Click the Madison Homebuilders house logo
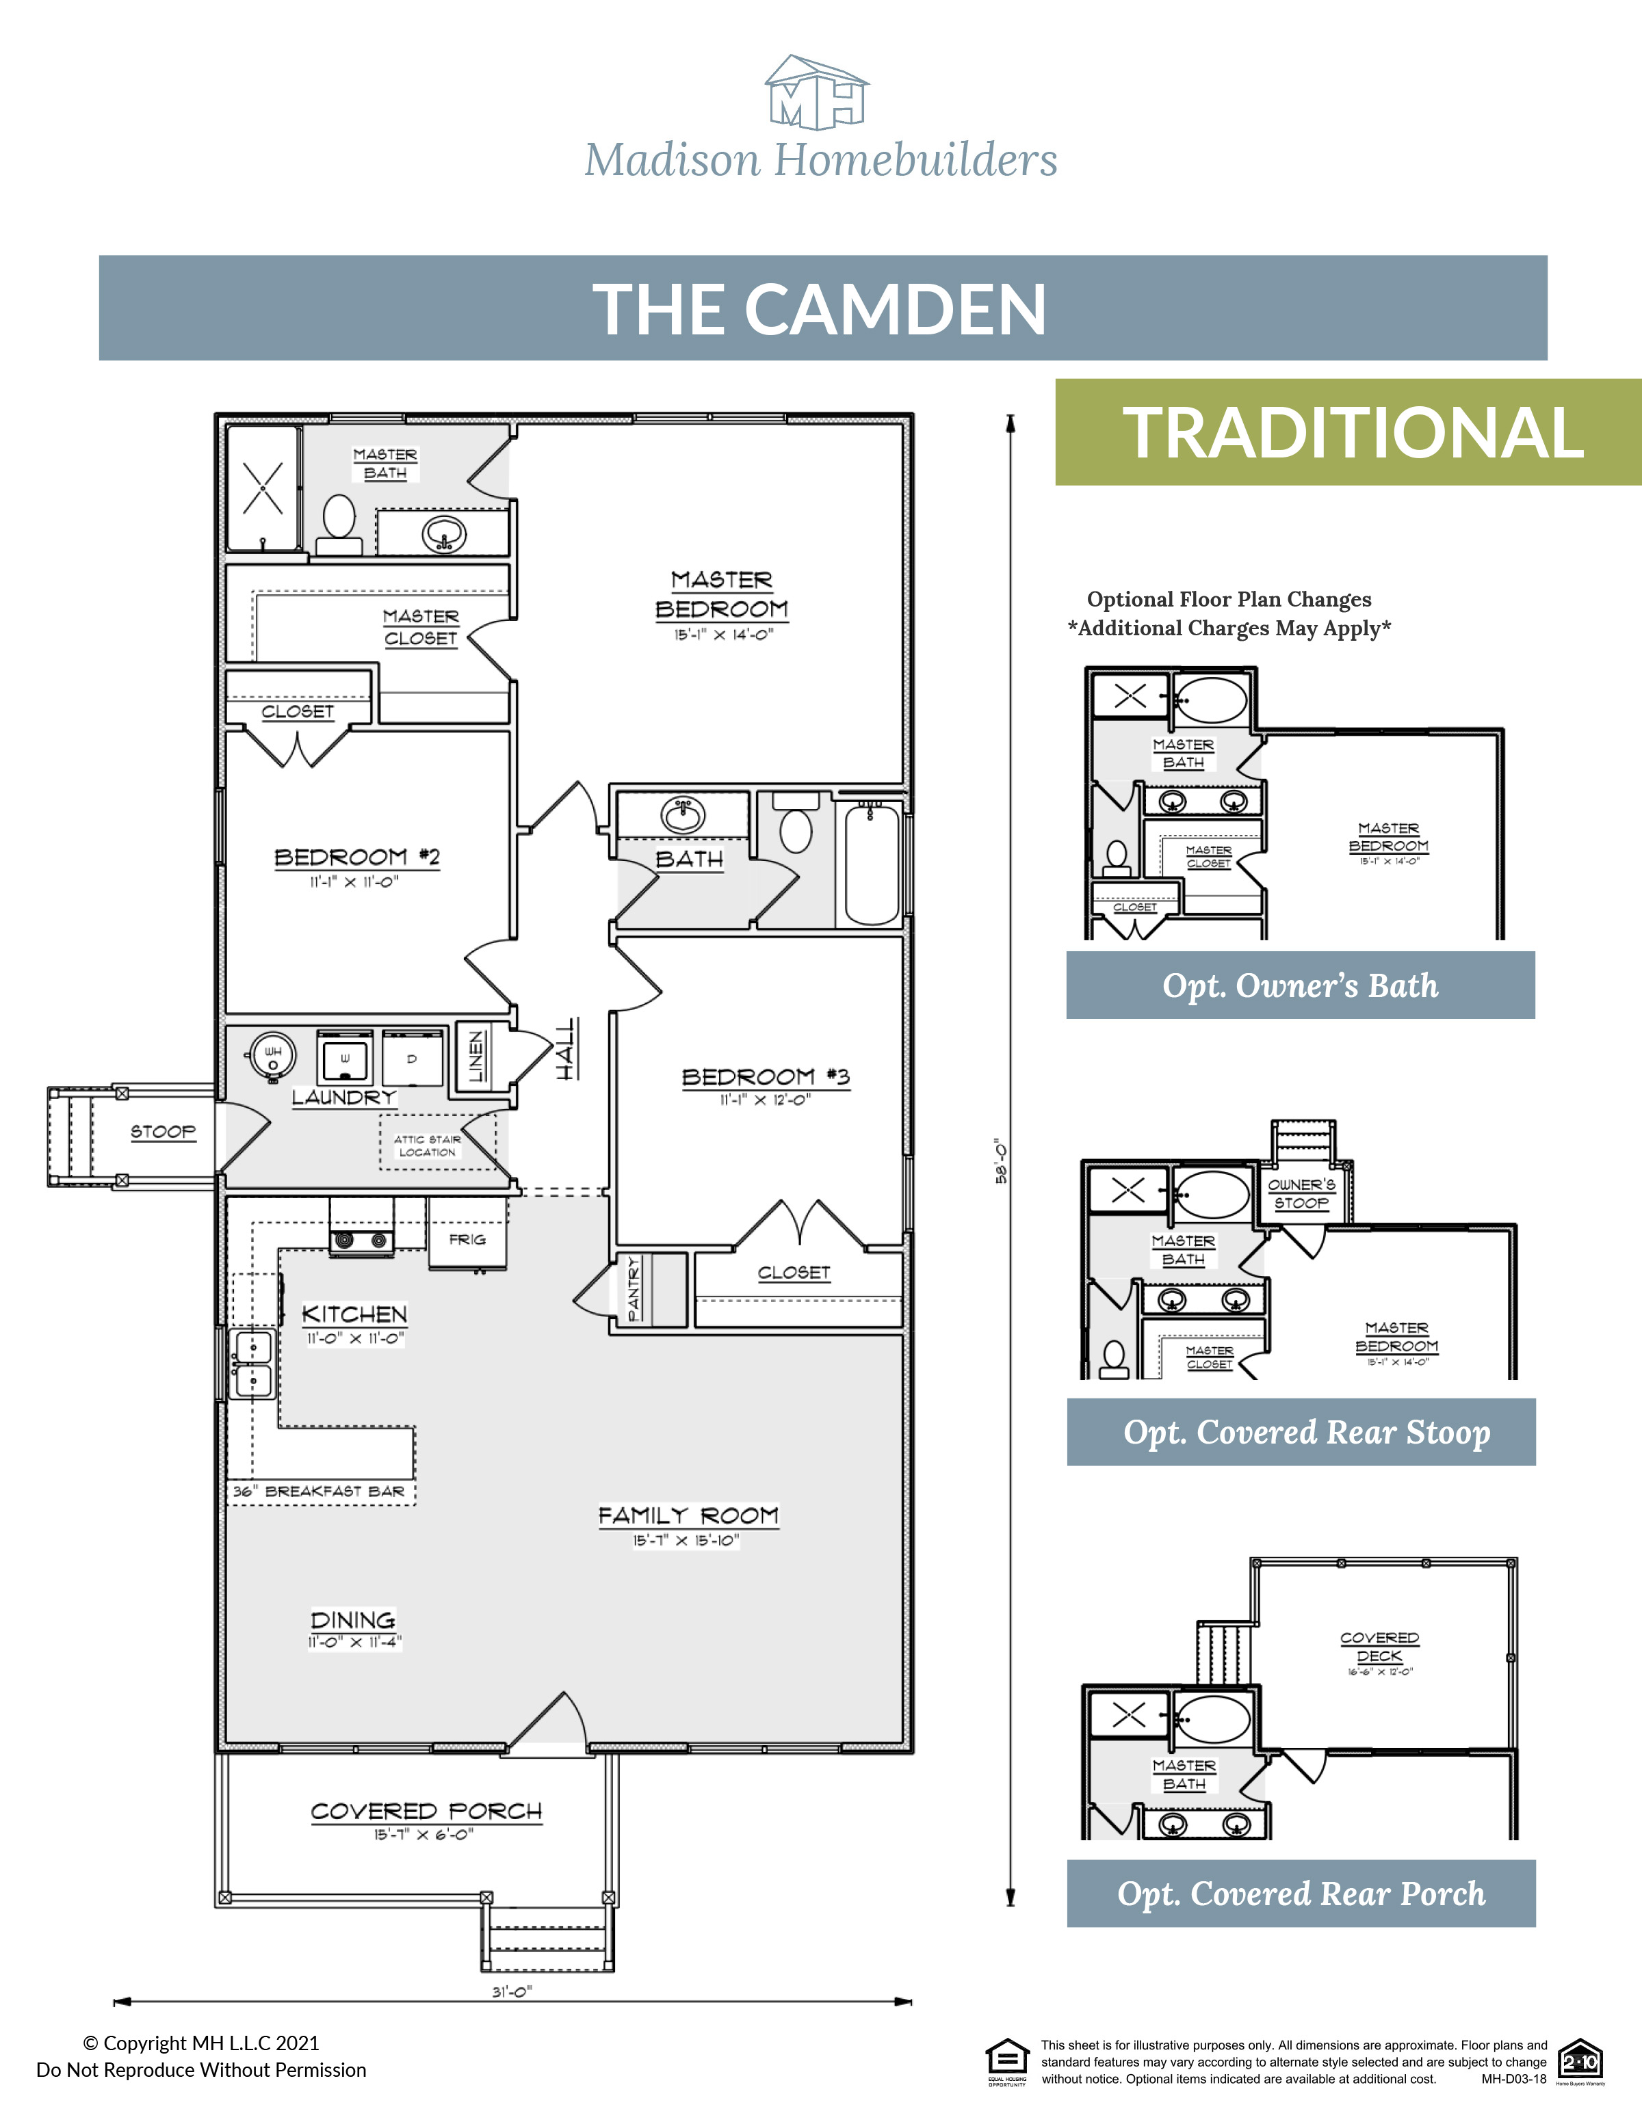816,92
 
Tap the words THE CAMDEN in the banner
820,310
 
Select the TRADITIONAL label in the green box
1353,433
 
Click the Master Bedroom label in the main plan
721,595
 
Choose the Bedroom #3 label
766,1076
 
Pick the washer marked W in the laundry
344,1057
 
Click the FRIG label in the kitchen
467,1240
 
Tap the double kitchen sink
253,1364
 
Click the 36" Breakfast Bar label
319,1491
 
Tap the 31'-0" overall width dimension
512,1992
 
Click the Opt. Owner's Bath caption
1300,985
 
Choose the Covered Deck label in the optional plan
1379,1647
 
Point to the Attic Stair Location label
427,1145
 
